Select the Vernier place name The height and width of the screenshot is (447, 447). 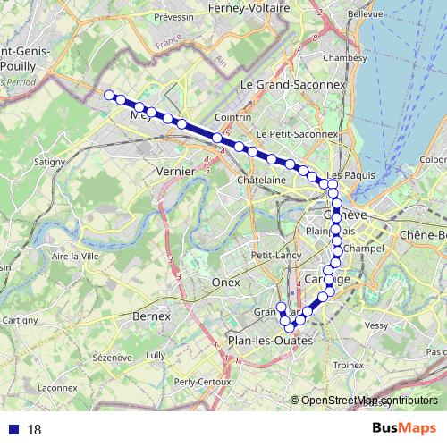175,170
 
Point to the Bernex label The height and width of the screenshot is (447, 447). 150,316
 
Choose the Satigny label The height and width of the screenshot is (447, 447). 49,162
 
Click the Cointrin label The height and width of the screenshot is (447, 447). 232,117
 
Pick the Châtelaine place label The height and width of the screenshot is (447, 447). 261,180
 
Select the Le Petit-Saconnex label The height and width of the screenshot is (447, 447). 297,134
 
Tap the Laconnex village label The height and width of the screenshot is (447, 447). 58,388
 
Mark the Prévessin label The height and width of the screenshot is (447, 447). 174,17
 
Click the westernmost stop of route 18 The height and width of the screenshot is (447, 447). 109,95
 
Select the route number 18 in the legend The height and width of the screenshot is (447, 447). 35,430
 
